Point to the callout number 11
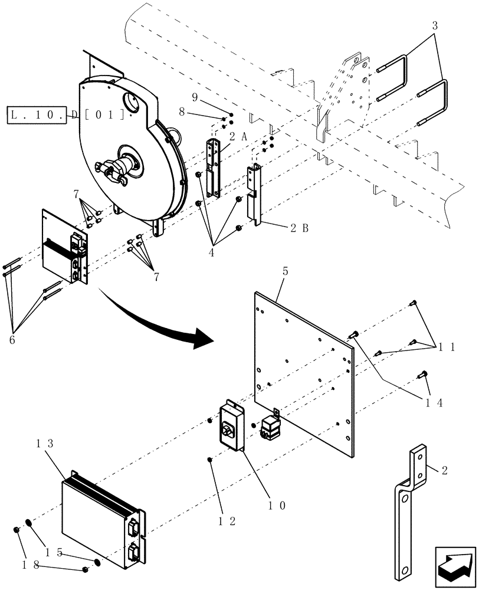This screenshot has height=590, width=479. coord(447,347)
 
